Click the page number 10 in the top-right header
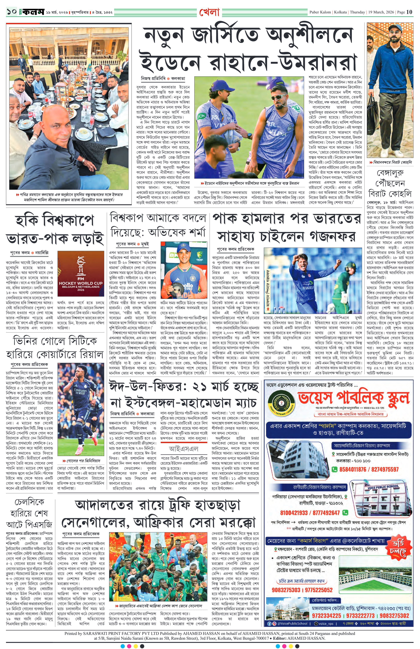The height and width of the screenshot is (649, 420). [x=409, y=12]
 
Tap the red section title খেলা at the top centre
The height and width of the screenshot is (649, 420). [x=209, y=12]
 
